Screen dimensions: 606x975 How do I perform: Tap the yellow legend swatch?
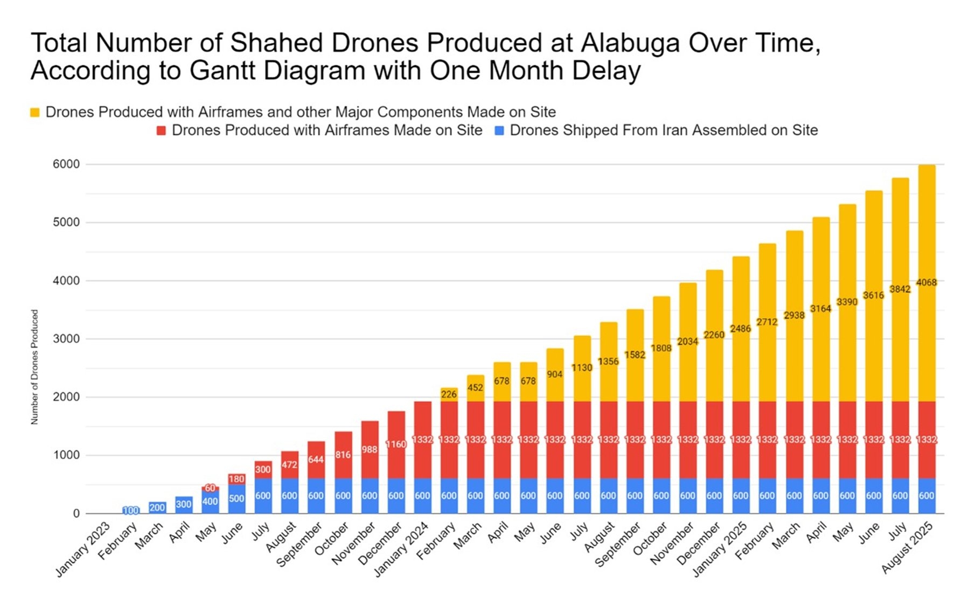coord(35,113)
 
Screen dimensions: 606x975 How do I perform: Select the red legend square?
coord(161,130)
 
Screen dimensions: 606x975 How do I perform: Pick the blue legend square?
coord(499,130)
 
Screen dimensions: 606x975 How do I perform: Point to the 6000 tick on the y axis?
coord(66,164)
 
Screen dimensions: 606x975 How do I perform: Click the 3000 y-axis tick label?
coord(66,339)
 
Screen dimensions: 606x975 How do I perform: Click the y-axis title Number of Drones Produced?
coord(35,367)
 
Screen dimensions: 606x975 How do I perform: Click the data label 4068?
coord(927,282)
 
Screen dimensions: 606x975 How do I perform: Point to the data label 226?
coord(449,394)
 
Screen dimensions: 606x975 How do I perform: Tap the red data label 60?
coord(210,488)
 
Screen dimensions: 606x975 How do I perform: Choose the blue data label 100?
coord(130,510)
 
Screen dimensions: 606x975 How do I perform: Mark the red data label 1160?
coord(396,444)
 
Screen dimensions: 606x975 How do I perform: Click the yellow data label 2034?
coord(687,342)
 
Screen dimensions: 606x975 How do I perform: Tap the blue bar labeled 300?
coord(184,505)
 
